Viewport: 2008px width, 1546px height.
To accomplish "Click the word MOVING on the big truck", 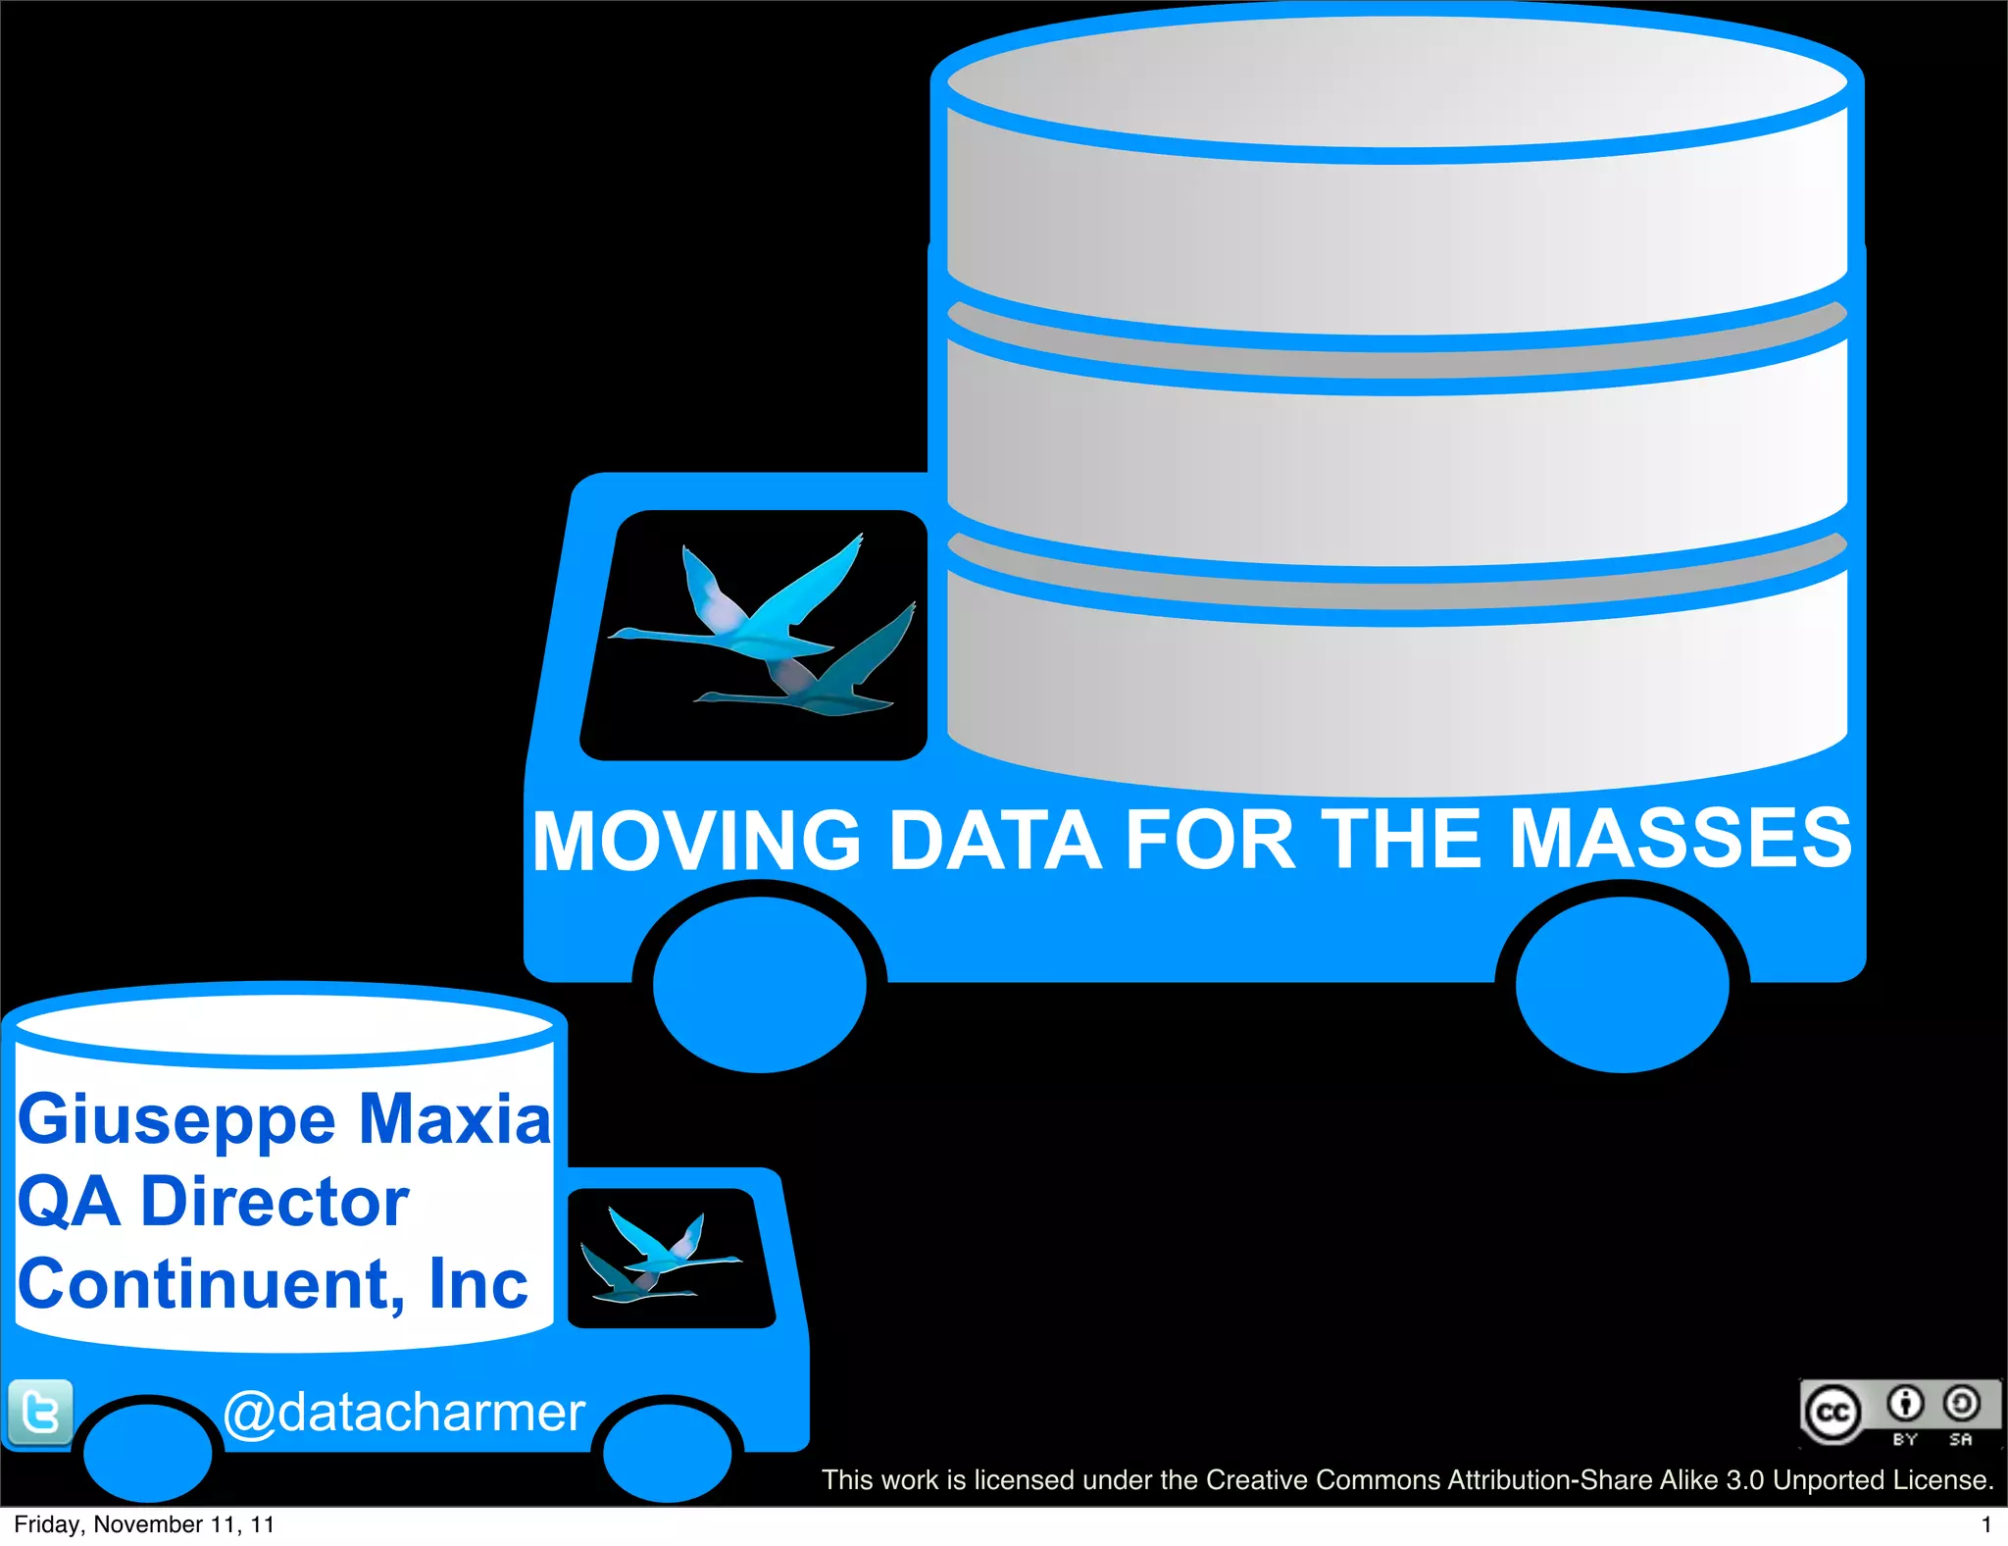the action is click(x=697, y=841).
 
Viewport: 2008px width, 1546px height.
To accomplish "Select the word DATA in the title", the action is click(x=994, y=841).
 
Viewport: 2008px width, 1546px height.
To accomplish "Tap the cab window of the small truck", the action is click(x=670, y=1259).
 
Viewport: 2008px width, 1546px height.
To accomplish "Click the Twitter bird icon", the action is click(x=40, y=1413).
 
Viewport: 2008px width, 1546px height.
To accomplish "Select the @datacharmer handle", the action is click(x=404, y=1413).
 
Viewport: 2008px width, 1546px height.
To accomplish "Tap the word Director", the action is click(x=275, y=1202).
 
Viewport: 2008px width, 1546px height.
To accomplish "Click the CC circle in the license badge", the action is click(x=1832, y=1414).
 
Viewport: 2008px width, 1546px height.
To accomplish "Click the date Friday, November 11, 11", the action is click(x=144, y=1524).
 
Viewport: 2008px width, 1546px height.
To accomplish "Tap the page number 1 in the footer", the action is click(x=1985, y=1524).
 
